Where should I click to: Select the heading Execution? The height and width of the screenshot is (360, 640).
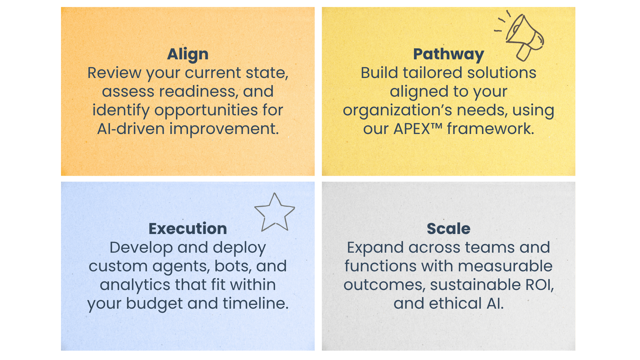(x=188, y=229)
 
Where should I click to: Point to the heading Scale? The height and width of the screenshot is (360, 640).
(x=448, y=229)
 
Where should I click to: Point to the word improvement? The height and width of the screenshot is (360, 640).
(x=224, y=129)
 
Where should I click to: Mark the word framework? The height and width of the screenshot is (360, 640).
(x=491, y=129)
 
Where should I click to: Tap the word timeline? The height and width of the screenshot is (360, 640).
(x=256, y=303)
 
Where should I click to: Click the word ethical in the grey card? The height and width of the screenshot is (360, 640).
(x=455, y=303)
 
